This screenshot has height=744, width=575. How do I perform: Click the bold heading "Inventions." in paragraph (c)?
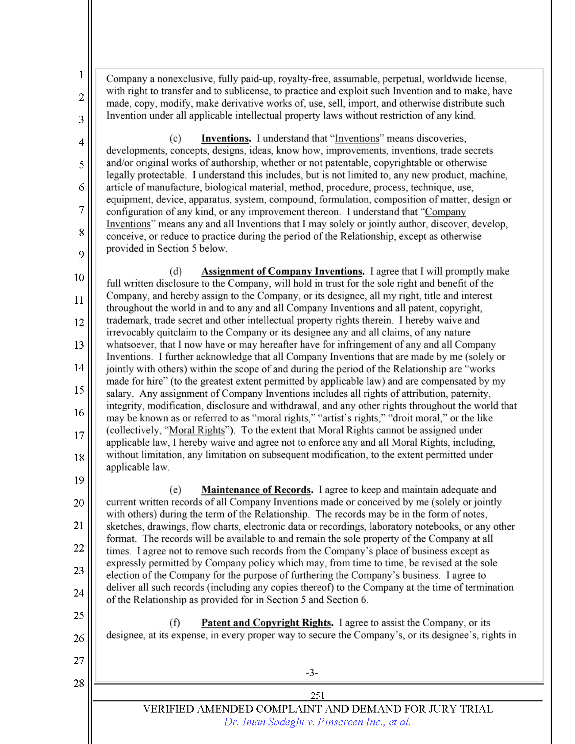tap(226, 138)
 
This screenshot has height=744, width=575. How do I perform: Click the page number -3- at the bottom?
tap(312, 672)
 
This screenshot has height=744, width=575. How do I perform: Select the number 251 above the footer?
tap(317, 695)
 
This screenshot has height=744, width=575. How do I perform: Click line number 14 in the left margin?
tap(79, 368)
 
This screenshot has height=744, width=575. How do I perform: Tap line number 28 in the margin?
tap(79, 683)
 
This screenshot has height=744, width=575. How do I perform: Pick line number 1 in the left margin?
tap(82, 75)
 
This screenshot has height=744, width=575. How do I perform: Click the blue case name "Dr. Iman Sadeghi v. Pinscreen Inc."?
tap(317, 722)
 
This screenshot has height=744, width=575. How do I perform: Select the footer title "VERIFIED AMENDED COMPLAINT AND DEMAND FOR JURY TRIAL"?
tap(318, 709)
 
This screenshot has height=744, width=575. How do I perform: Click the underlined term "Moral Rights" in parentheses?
tap(197, 430)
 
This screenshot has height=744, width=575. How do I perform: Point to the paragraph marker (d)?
tap(176, 272)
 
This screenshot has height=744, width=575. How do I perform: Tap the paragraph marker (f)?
tap(175, 623)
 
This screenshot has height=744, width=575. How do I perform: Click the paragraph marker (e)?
tap(176, 490)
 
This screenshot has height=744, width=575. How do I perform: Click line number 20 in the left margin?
tap(79, 503)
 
